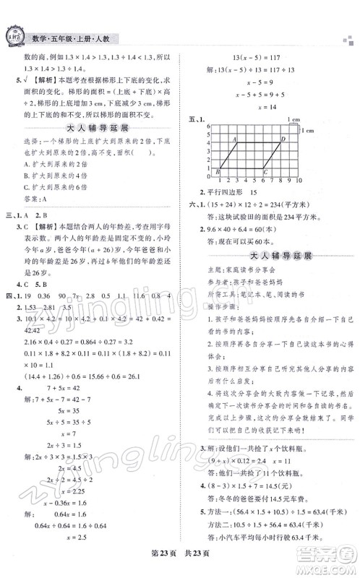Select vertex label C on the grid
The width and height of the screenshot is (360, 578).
(x=265, y=192)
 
